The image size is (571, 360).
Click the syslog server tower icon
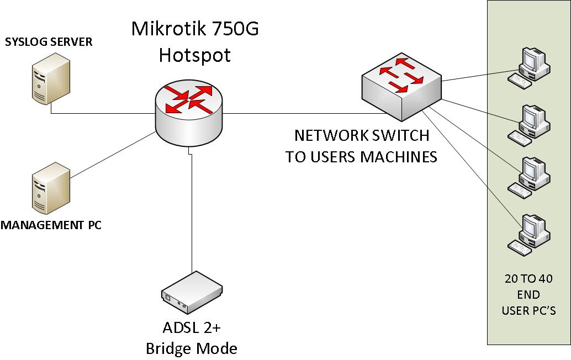[51, 78]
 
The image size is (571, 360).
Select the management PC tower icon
[51, 188]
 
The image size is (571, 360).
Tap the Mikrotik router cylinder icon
[189, 113]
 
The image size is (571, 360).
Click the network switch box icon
[401, 87]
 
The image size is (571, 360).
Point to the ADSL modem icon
[192, 292]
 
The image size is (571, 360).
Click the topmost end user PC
[529, 67]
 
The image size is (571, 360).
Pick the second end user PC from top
[529, 125]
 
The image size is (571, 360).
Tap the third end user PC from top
[529, 178]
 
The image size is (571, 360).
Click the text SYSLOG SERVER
[49, 42]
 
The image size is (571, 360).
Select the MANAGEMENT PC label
[51, 225]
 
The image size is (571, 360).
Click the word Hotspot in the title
[195, 55]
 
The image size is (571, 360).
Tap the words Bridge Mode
[192, 348]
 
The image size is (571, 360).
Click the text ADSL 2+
[192, 327]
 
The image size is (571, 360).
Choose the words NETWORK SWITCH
[362, 135]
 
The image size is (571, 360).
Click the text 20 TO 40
[529, 278]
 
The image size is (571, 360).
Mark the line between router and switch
[304, 113]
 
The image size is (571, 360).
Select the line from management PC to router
[113, 155]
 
